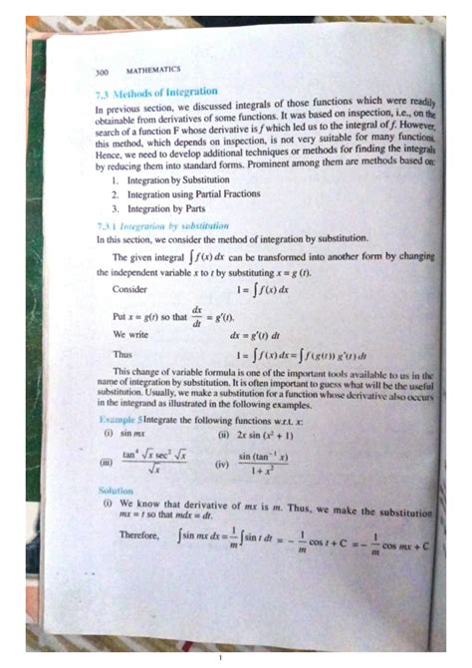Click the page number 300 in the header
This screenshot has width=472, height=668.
coord(101,72)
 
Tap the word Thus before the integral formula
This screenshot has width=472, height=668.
coord(123,354)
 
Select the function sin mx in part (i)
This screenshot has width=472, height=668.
coord(134,434)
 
